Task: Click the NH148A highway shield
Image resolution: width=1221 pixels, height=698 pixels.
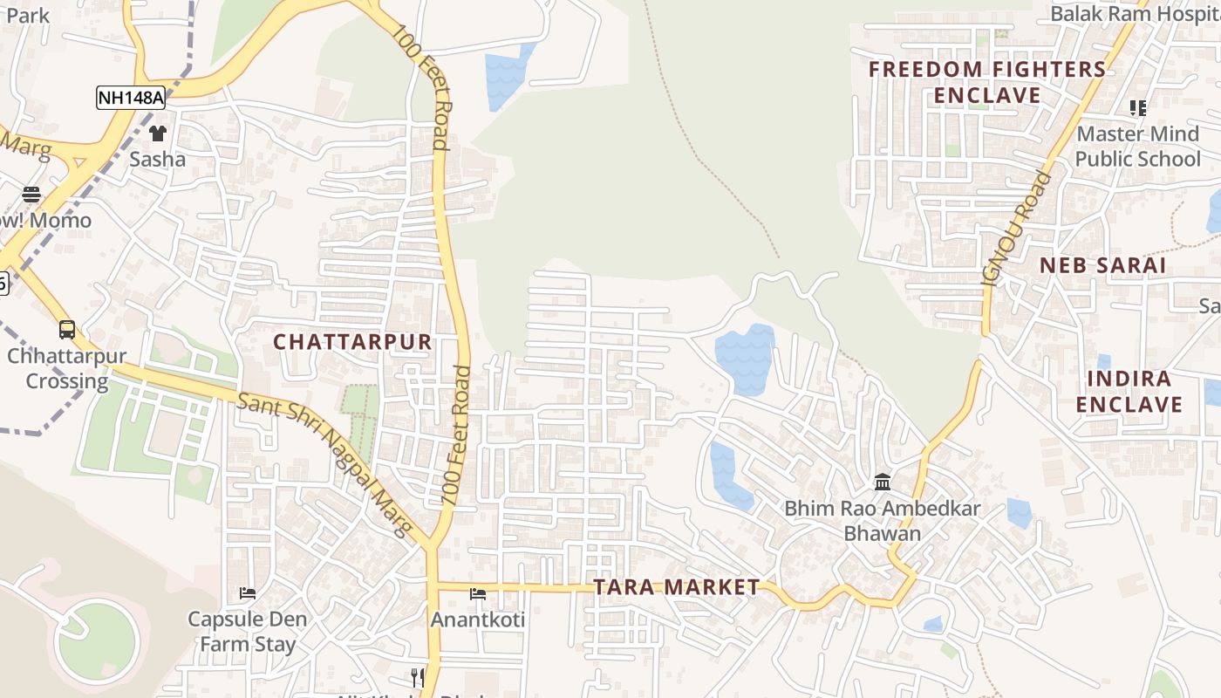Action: pyautogui.click(x=131, y=98)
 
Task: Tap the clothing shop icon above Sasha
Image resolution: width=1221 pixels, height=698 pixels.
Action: pyautogui.click(x=158, y=133)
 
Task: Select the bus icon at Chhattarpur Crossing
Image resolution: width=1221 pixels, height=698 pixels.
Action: pyautogui.click(x=67, y=330)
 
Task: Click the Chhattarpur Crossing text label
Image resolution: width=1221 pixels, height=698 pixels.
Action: pyautogui.click(x=67, y=369)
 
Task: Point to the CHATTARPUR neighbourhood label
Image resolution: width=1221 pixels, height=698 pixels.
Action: pyautogui.click(x=353, y=342)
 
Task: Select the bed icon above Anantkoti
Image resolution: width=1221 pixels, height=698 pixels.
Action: pyautogui.click(x=478, y=594)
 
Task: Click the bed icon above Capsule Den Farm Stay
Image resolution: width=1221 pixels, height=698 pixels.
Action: pyautogui.click(x=248, y=593)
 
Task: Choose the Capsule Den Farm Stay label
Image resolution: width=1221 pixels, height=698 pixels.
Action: pyautogui.click(x=248, y=632)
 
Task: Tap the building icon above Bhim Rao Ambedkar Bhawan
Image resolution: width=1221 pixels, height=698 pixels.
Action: pyautogui.click(x=883, y=482)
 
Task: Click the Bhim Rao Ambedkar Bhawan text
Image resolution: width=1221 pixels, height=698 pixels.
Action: pyautogui.click(x=883, y=521)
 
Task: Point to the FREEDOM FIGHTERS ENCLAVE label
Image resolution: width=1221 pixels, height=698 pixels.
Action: pyautogui.click(x=987, y=82)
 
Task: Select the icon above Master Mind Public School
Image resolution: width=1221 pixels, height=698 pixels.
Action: pyautogui.click(x=1138, y=108)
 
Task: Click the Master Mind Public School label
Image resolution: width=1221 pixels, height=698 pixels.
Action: pyautogui.click(x=1138, y=147)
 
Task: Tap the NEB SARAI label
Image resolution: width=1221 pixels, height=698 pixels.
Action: pyautogui.click(x=1102, y=266)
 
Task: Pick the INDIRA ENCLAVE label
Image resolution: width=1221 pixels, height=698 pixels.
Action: pyautogui.click(x=1129, y=392)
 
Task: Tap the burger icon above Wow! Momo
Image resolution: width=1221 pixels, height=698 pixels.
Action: pyautogui.click(x=31, y=195)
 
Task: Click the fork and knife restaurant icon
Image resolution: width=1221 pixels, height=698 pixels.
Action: pyautogui.click(x=418, y=677)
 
